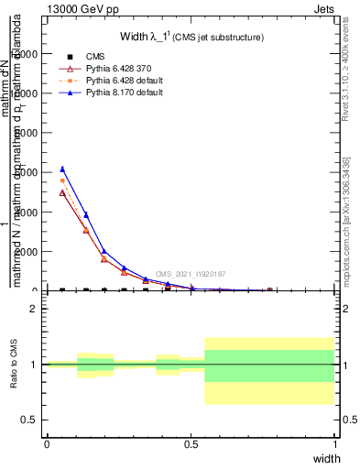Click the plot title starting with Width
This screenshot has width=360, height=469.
click(192, 37)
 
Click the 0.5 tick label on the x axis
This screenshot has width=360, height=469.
click(191, 443)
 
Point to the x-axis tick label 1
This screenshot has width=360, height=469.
click(335, 443)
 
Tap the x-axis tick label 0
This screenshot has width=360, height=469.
click(47, 443)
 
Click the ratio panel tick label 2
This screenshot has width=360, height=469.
click(34, 309)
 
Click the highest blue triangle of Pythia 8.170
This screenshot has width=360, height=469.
click(62, 169)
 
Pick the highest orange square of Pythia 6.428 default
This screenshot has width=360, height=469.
click(62, 180)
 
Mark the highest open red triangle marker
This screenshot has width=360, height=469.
click(62, 192)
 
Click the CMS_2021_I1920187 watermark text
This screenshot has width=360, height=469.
click(190, 274)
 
